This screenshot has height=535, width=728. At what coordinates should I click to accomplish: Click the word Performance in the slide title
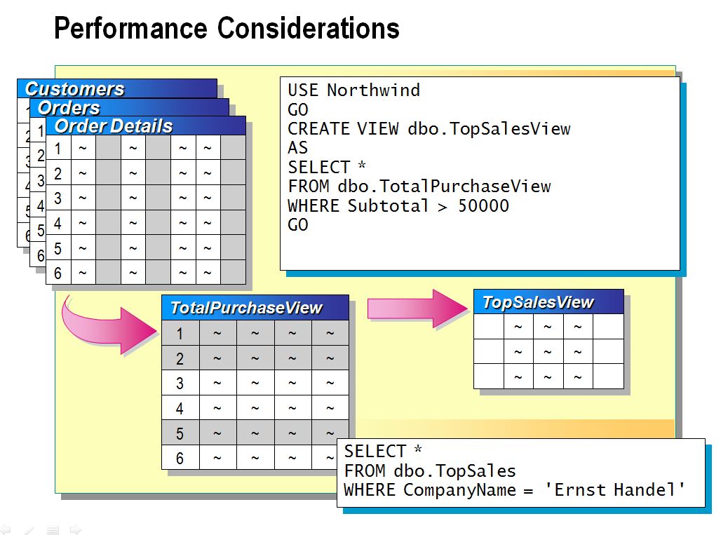pos(131,28)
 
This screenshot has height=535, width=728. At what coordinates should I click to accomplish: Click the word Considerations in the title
pos(309,28)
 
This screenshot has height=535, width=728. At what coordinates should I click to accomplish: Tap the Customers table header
pos(117,88)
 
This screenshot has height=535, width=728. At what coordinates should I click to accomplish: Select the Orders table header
pos(129,107)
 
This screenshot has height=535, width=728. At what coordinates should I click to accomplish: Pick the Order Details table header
pos(146,126)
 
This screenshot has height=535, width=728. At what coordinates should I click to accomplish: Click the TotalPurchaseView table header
pos(255,308)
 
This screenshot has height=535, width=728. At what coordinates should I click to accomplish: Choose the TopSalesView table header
pos(548,302)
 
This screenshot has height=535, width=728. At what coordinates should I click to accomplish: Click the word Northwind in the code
pos(373,90)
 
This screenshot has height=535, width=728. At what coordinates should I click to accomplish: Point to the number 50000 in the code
pos(483,205)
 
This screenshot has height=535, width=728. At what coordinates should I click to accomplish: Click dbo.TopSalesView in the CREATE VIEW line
pos(489,128)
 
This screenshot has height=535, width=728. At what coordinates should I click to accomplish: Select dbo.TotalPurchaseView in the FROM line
pos(444,186)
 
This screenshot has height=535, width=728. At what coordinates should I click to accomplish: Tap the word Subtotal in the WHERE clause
pos(388,205)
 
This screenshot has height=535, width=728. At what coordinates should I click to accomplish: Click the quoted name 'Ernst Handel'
pos(614,490)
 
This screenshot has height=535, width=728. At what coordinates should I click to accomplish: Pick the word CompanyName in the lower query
pos(459,490)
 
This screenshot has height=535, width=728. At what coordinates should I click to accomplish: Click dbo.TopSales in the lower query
pos(454,471)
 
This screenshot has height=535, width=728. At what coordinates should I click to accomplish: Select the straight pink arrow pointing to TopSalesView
pos(417,309)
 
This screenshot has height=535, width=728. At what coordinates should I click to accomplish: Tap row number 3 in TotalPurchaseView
pos(180,384)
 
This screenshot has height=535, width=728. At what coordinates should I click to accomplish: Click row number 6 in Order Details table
pos(58,273)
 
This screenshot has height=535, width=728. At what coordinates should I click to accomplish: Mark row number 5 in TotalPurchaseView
pos(180,433)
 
